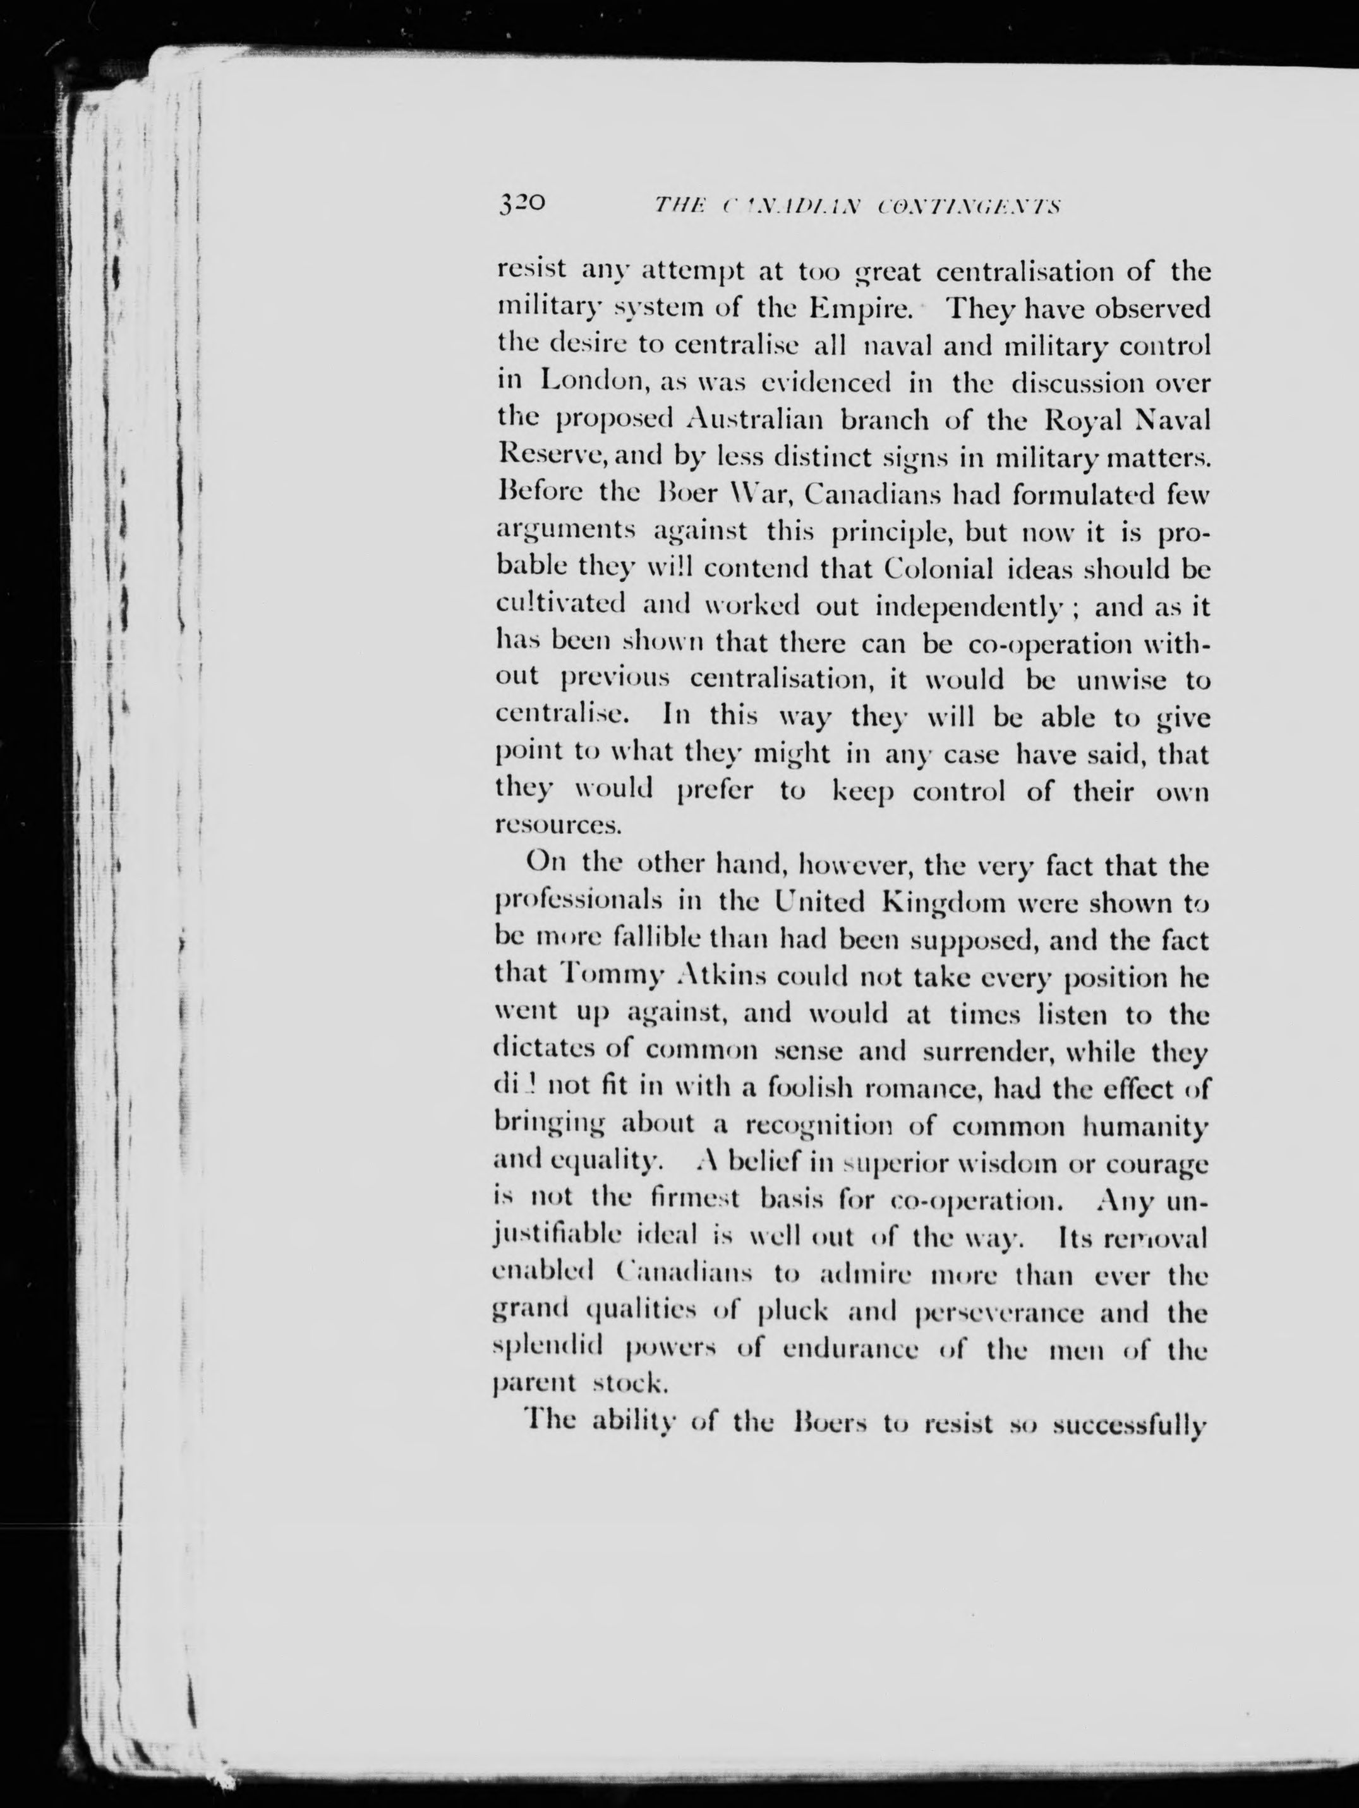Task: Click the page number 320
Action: click(521, 203)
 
